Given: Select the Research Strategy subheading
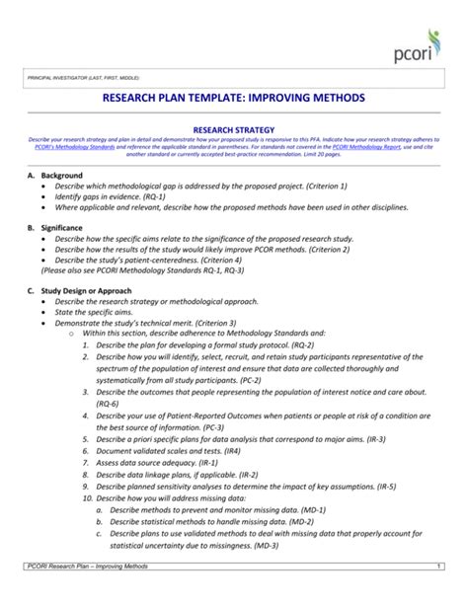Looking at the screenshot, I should tap(233, 129).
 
